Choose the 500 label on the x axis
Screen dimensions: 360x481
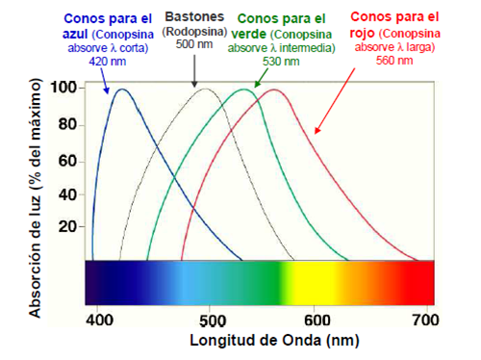(206, 320)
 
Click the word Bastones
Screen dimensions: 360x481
(195, 16)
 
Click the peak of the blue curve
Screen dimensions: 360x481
(121, 90)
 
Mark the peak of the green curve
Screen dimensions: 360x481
(244, 90)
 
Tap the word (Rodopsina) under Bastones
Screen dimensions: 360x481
(195, 32)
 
